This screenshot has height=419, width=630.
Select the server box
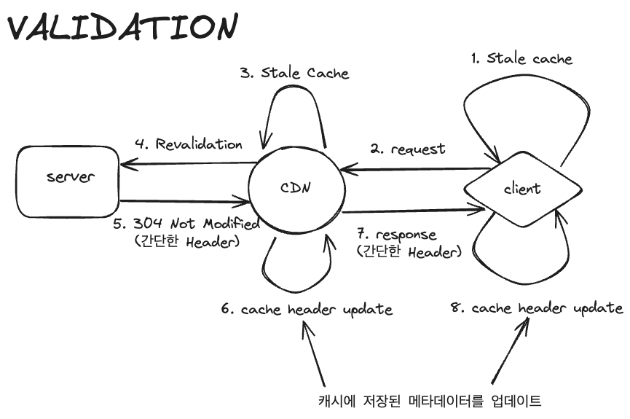[x=66, y=177]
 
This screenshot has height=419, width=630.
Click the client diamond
[x=522, y=189]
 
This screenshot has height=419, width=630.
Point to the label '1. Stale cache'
[x=521, y=58]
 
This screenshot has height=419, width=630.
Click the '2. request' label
[x=408, y=149]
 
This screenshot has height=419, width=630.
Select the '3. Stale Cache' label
[x=295, y=73]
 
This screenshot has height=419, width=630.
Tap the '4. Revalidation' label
[x=189, y=144]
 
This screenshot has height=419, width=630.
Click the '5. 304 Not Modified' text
[x=186, y=224]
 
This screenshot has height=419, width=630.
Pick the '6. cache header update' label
[x=307, y=309]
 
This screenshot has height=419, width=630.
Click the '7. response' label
[x=397, y=235]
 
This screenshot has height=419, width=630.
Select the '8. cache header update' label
[x=538, y=308]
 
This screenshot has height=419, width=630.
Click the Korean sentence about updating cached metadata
[x=430, y=400]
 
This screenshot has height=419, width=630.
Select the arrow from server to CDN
[x=182, y=200]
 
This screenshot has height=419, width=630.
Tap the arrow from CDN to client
[x=412, y=211]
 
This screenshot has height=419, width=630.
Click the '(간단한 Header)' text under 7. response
[x=409, y=252]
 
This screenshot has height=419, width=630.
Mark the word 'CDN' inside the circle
[x=296, y=187]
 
